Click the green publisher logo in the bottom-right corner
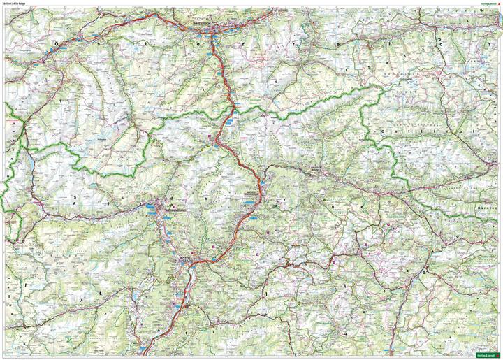pyautogui.click(x=487, y=356)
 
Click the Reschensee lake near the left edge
pyautogui.click(x=31, y=168)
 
